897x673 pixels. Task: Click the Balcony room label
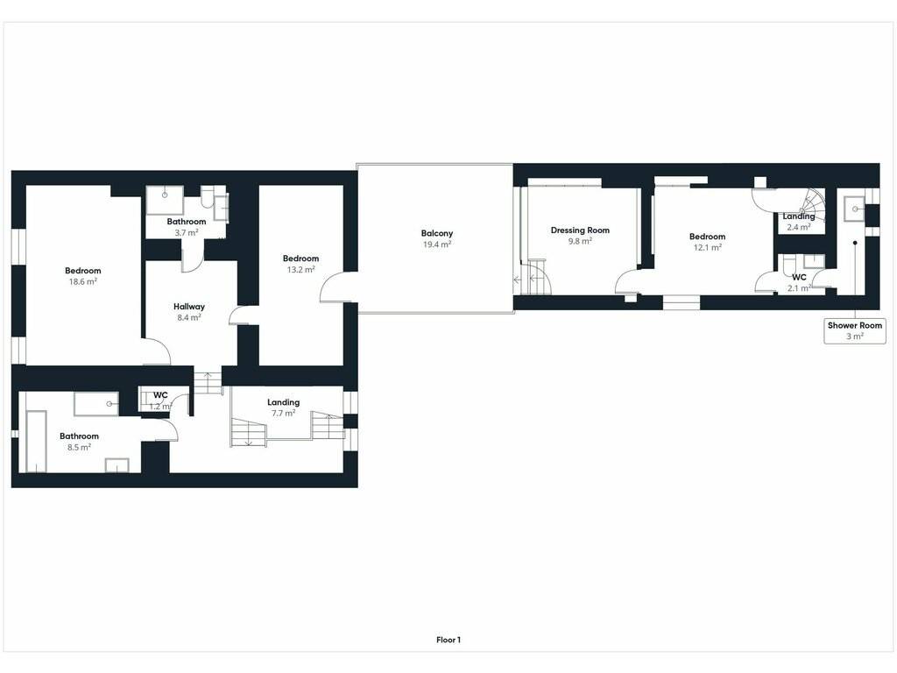click(x=437, y=233)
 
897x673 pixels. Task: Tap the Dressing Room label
click(x=580, y=230)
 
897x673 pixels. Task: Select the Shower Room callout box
click(x=855, y=330)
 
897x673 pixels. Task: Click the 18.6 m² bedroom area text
click(x=83, y=281)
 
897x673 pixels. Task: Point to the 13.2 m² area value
click(x=301, y=270)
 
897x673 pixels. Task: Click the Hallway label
click(x=189, y=307)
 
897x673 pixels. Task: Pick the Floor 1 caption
click(x=448, y=641)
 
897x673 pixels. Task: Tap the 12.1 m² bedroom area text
click(x=708, y=247)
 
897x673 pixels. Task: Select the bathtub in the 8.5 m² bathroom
click(x=36, y=442)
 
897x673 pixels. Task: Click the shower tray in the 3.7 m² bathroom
click(x=165, y=200)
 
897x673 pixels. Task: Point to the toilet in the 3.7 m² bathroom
click(x=207, y=196)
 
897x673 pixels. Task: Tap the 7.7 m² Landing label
click(x=283, y=402)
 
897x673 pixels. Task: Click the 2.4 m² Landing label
click(x=799, y=216)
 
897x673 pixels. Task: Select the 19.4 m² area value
click(x=437, y=244)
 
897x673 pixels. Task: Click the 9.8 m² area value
click(x=580, y=241)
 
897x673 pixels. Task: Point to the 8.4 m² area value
click(x=189, y=317)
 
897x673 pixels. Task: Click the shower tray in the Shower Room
click(x=855, y=209)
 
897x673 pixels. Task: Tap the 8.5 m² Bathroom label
click(x=79, y=436)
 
